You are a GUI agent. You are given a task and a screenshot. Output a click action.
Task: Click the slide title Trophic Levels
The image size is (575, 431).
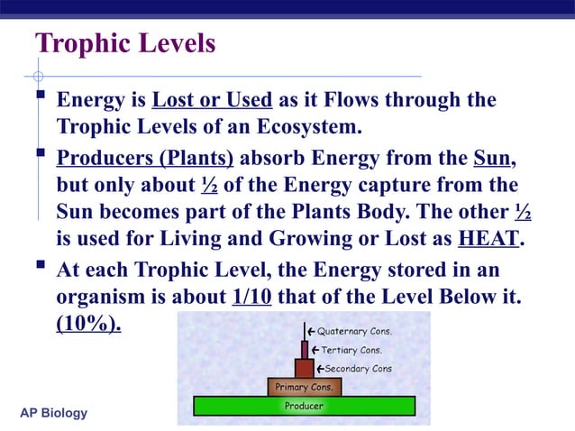[x=125, y=43]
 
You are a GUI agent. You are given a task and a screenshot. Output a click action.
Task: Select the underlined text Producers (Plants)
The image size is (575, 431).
[x=145, y=160]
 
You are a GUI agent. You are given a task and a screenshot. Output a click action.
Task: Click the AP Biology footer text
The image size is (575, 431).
[x=53, y=413]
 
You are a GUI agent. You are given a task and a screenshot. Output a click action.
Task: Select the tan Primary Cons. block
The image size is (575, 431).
[x=305, y=387]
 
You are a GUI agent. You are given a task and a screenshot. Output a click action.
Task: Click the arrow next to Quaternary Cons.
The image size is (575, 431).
[x=311, y=331]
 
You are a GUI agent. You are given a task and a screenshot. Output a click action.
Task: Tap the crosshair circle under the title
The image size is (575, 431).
[x=38, y=76]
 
